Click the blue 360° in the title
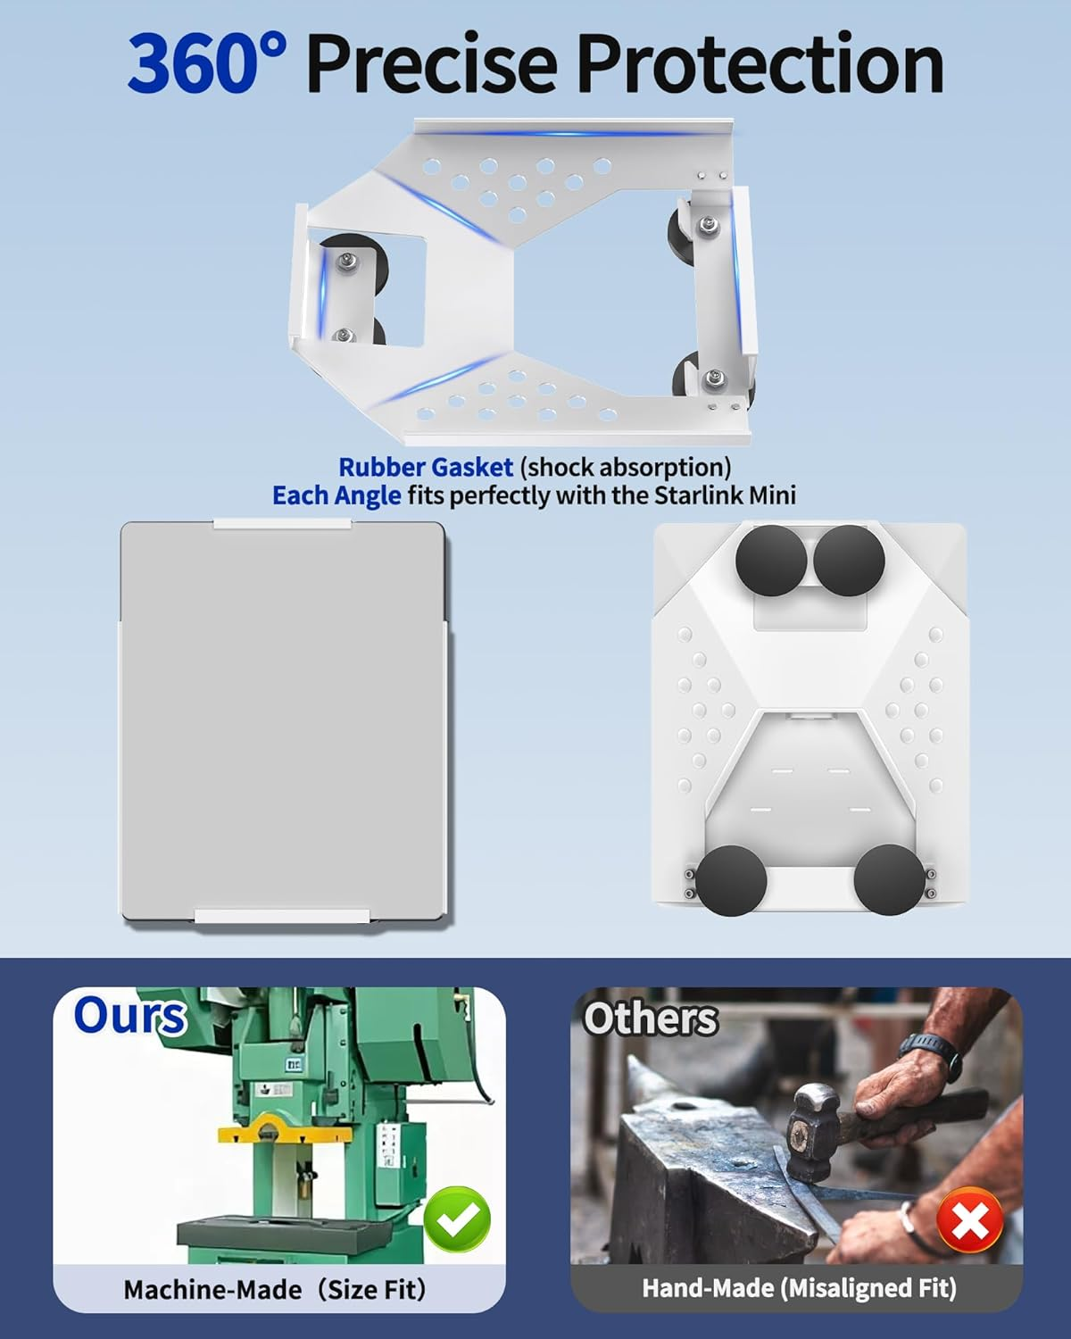(207, 64)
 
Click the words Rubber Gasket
(426, 467)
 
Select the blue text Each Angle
(336, 495)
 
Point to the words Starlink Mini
(725, 495)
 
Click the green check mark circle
(457, 1218)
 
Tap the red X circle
(969, 1219)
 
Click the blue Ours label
(129, 1016)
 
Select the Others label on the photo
(651, 1019)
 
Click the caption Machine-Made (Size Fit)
(274, 1289)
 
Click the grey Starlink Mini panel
(283, 722)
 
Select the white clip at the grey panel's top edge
(282, 525)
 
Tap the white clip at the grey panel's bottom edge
(282, 916)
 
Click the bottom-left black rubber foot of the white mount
(731, 880)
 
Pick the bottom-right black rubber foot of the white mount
(889, 880)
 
